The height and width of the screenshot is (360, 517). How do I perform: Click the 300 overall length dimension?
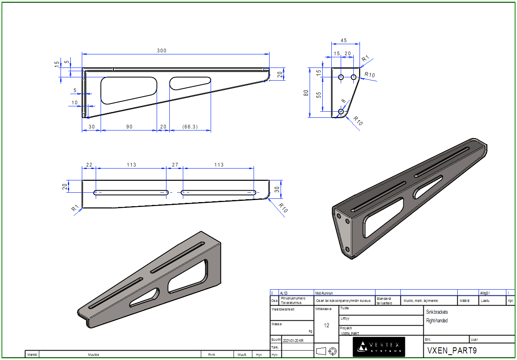click(162, 51)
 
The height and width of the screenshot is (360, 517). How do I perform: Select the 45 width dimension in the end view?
click(344, 40)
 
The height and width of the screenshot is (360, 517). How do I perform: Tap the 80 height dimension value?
click(306, 93)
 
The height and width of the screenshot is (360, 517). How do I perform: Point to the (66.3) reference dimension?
click(190, 127)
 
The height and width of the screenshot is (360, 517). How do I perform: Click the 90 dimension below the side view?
click(129, 127)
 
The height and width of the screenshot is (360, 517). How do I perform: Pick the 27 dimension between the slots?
click(175, 165)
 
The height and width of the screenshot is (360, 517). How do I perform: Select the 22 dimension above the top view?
click(89, 165)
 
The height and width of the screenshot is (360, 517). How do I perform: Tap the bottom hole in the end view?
click(341, 111)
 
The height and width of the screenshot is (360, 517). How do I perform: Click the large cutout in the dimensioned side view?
click(128, 90)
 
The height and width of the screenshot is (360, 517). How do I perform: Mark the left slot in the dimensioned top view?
click(131, 192)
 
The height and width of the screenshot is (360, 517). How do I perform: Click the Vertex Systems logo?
click(373, 347)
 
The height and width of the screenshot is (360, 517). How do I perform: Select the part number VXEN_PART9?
click(452, 351)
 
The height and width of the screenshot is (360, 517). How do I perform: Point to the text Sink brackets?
click(437, 312)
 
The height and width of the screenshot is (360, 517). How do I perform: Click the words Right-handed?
click(437, 321)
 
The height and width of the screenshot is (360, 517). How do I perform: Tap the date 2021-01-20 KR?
click(293, 340)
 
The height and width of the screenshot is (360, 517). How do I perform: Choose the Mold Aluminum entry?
click(324, 293)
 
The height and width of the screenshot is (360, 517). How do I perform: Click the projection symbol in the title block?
click(327, 351)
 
